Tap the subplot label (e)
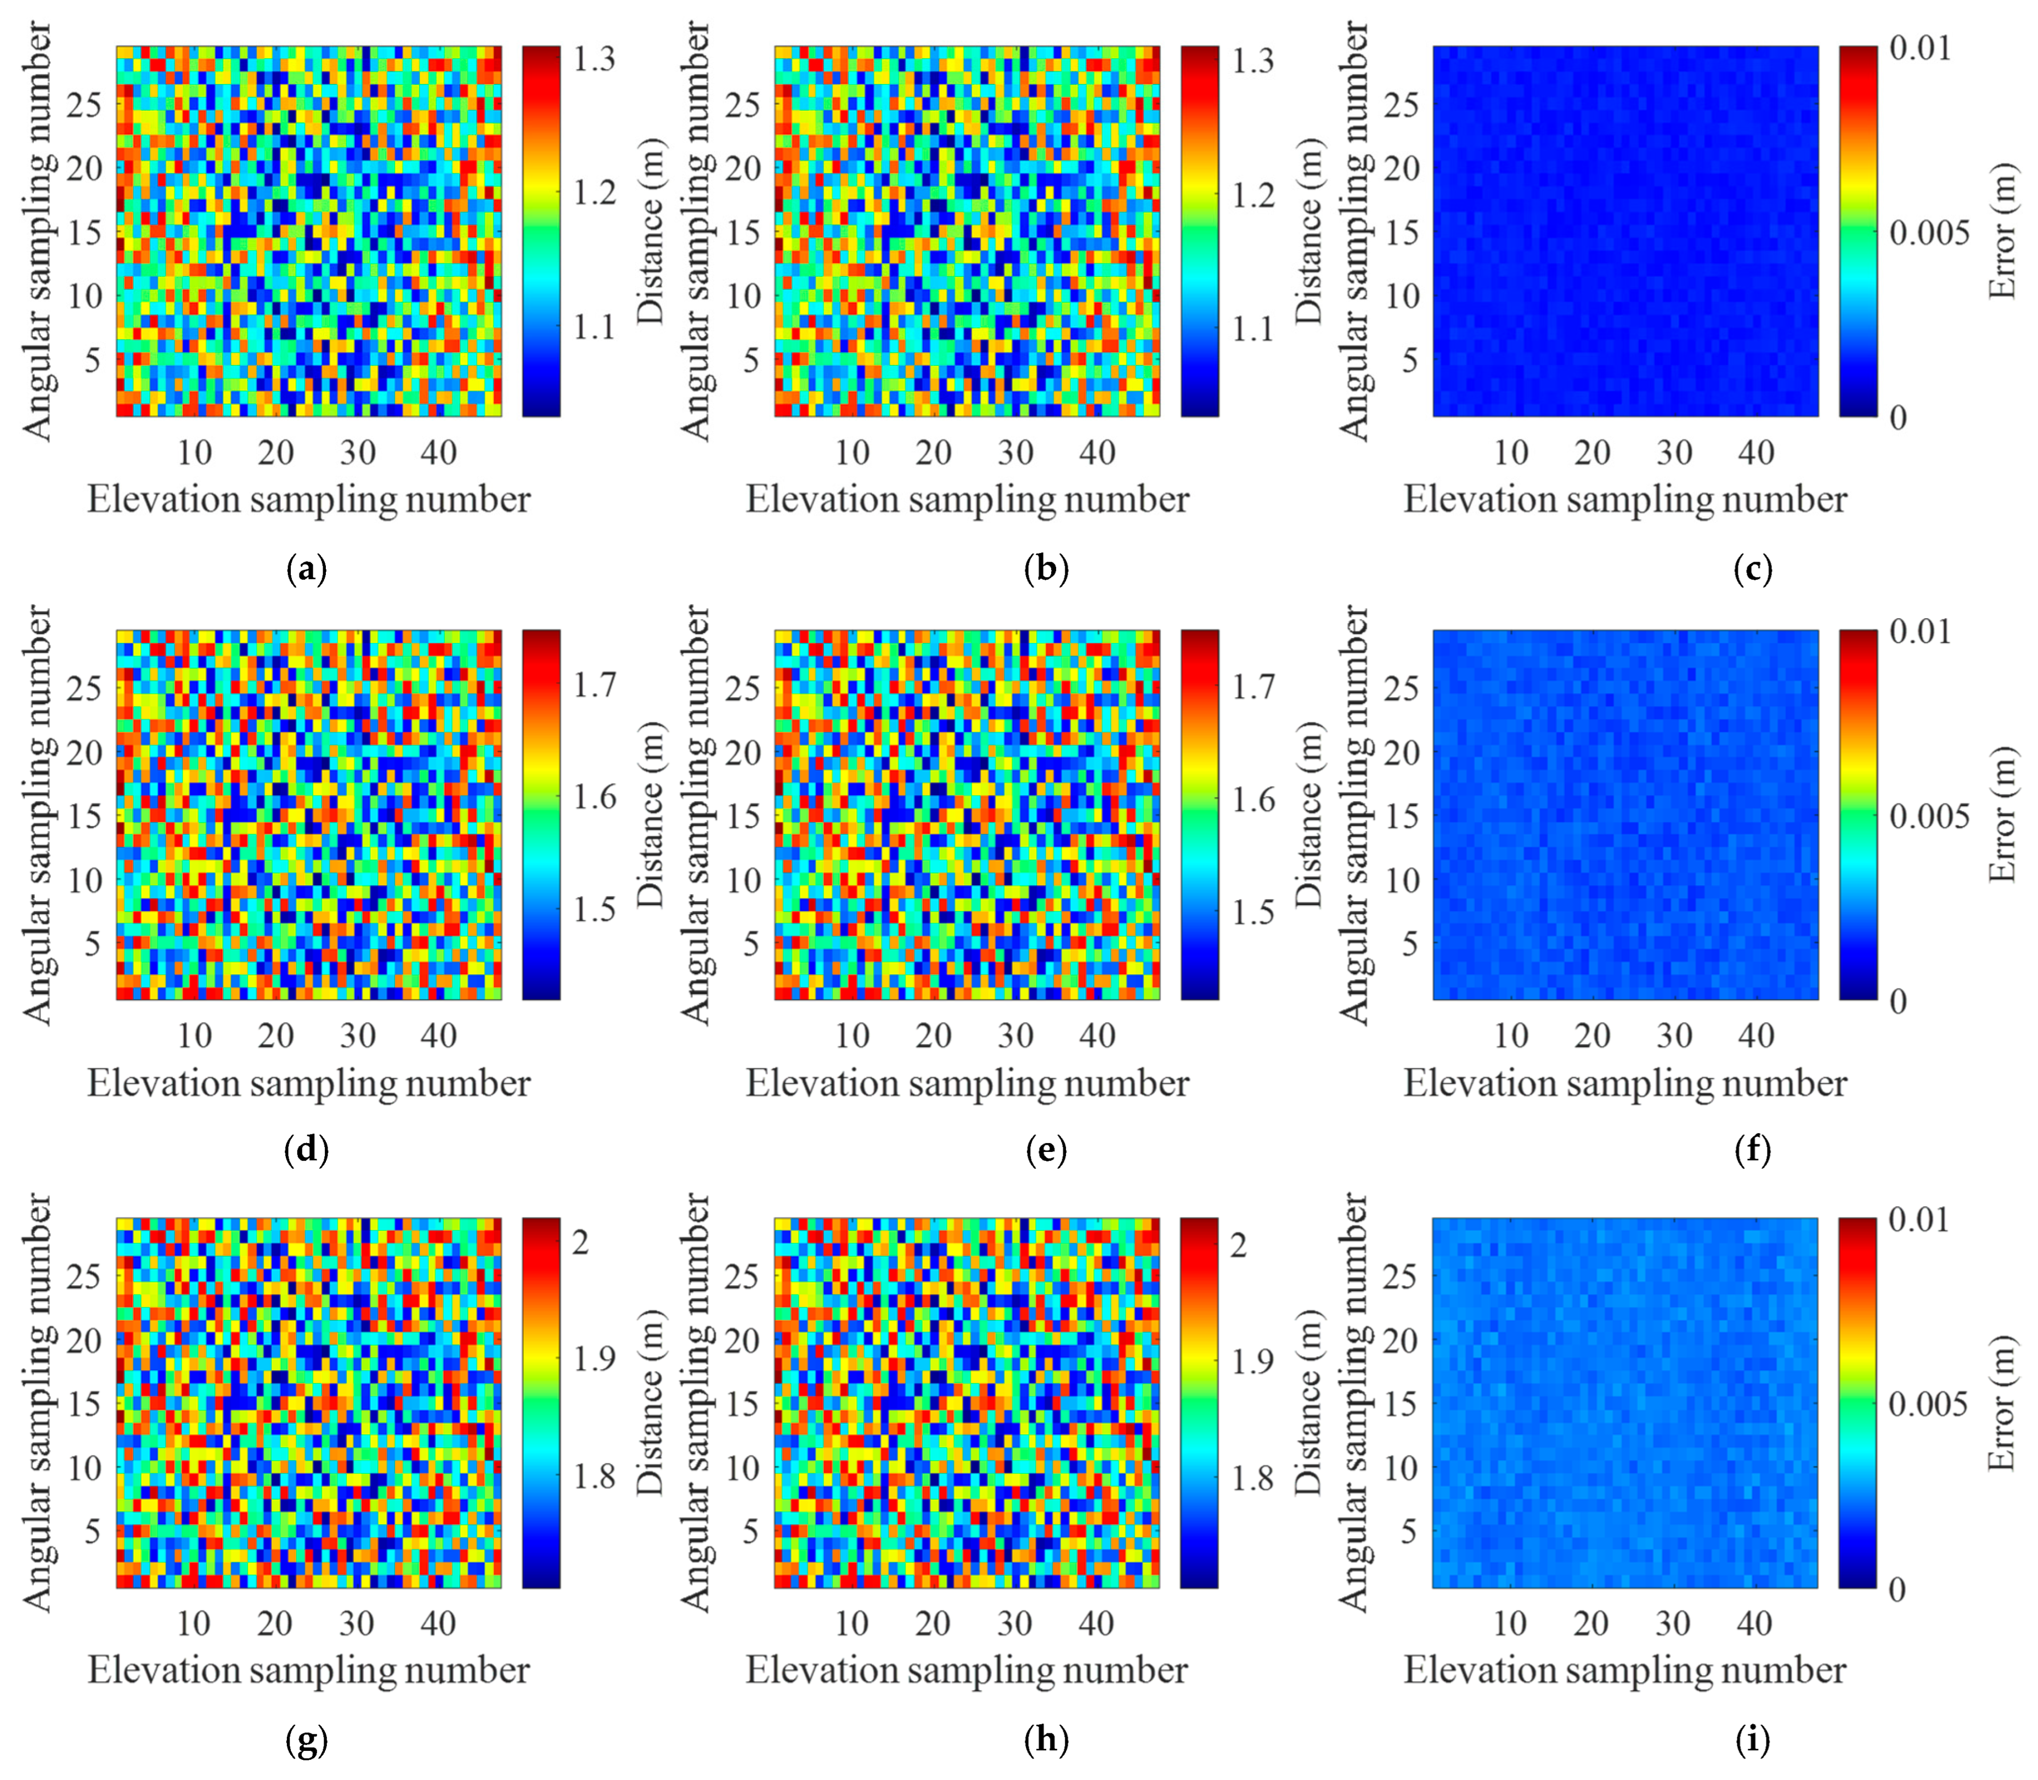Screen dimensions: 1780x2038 tap(1046, 1150)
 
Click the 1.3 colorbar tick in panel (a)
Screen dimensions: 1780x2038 tap(594, 60)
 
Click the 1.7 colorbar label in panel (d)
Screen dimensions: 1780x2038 tap(594, 685)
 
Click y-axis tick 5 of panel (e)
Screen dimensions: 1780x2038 tap(752, 942)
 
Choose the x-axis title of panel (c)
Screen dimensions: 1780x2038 tap(1625, 500)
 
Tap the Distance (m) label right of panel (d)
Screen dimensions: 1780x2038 tap(648, 815)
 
